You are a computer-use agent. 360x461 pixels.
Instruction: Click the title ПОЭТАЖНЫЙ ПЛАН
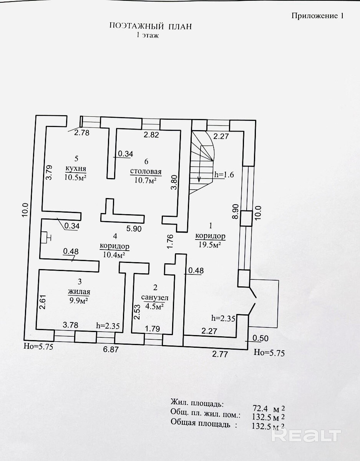click(x=150, y=26)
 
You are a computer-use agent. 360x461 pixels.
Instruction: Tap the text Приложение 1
click(x=317, y=16)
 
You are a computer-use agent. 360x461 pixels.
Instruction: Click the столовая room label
click(x=146, y=172)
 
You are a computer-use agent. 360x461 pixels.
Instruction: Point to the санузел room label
click(x=155, y=297)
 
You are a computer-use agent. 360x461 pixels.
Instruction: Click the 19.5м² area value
click(x=210, y=245)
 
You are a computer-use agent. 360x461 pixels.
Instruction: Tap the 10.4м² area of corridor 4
click(x=114, y=254)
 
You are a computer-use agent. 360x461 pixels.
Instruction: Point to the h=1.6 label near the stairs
click(x=224, y=173)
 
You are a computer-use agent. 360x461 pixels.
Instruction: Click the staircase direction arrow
click(x=199, y=177)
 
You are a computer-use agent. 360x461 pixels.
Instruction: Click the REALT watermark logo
click(x=306, y=435)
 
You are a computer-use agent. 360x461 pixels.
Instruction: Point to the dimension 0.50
click(x=260, y=339)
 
